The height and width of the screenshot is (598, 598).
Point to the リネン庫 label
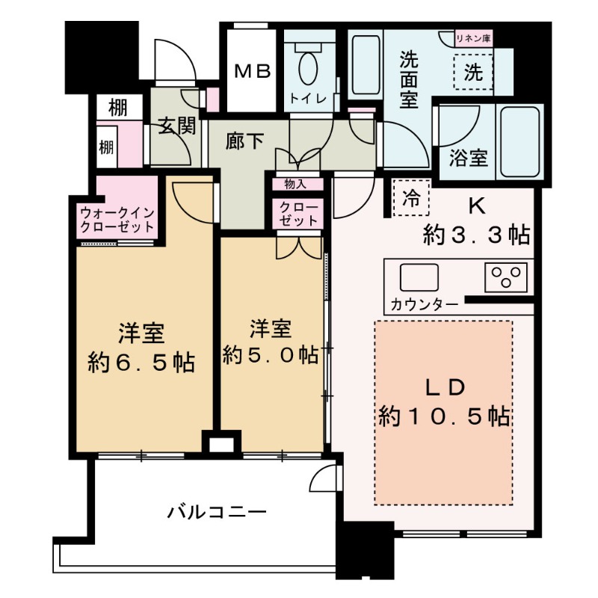pyautogui.click(x=474, y=37)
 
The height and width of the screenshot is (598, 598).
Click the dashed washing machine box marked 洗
pyautogui.click(x=473, y=73)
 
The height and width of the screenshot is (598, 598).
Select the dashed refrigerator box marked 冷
pyautogui.click(x=411, y=198)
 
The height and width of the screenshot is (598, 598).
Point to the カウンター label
pyautogui.click(x=425, y=304)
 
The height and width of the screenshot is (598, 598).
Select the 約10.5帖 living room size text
pyautogui.click(x=445, y=416)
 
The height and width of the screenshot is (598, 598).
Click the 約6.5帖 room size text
pyautogui.click(x=139, y=363)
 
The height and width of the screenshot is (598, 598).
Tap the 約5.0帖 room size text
pyautogui.click(x=270, y=354)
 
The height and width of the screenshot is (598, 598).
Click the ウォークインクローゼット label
pyautogui.click(x=117, y=219)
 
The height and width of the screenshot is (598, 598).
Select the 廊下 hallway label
pyautogui.click(x=244, y=140)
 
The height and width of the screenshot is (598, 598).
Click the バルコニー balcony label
pyautogui.click(x=216, y=513)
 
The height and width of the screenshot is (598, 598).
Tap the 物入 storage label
pyautogui.click(x=297, y=183)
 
